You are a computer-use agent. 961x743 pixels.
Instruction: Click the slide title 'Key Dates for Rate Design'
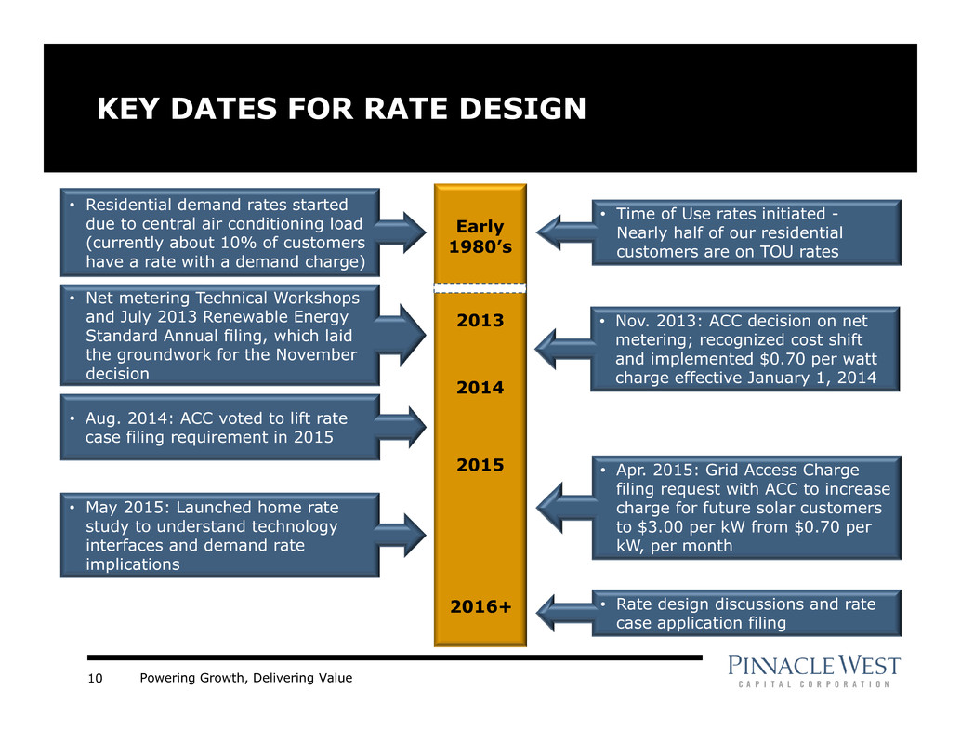[342, 110]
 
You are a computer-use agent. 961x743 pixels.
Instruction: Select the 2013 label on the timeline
[480, 322]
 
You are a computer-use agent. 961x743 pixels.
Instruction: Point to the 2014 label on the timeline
[480, 389]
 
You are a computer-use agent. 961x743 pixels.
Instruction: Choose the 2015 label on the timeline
[480, 465]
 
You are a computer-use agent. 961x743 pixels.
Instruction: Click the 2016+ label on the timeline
[480, 607]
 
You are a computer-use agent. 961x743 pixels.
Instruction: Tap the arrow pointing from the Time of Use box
[562, 232]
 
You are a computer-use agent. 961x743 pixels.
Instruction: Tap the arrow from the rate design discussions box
[562, 611]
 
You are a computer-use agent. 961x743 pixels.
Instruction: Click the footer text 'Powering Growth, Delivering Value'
[246, 679]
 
